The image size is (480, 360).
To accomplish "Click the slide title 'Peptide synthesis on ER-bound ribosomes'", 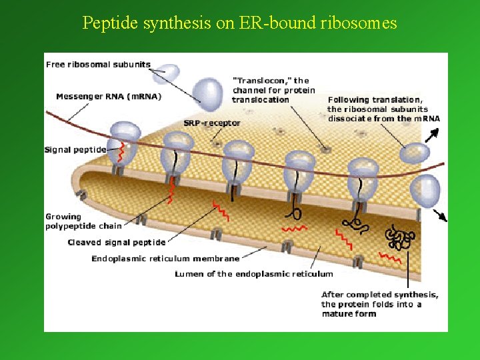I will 239,23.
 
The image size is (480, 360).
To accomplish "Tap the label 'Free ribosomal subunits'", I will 98,65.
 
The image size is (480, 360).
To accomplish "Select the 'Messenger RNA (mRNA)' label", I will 109,96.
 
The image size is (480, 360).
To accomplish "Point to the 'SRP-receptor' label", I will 212,123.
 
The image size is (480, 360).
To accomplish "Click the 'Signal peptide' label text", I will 75,150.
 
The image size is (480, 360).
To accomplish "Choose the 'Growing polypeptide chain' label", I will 83,221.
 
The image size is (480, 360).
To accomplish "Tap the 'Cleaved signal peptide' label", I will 117,243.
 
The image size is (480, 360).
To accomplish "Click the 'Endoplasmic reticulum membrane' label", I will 165,259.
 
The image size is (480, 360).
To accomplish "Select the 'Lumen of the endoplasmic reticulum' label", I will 253,274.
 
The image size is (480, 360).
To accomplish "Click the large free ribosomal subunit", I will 209,93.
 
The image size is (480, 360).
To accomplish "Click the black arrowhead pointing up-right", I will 435,132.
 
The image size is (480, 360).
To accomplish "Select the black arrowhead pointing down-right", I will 442,217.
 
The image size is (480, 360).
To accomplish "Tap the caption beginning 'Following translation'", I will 383,109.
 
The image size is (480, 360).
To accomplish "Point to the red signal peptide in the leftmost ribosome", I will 121,153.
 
